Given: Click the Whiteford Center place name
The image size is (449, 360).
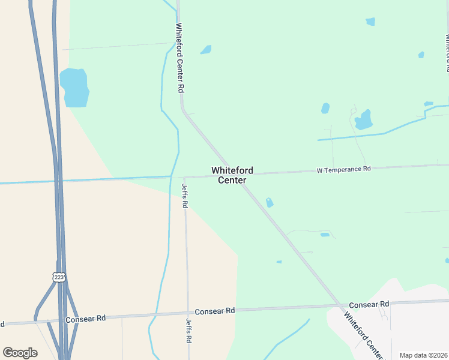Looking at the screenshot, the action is tap(232, 175).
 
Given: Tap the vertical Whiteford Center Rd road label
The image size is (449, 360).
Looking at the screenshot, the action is tap(179, 57).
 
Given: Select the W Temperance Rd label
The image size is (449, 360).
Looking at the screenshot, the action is tap(344, 170).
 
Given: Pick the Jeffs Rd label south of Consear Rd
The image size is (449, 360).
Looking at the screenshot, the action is tap(188, 331).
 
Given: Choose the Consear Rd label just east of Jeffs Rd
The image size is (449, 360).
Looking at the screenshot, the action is tap(214, 311).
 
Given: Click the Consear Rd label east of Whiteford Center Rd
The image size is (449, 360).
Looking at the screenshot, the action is tap(369, 305).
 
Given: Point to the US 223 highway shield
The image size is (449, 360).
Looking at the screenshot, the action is tap(58, 277).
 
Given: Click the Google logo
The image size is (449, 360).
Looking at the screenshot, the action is tap(20, 353).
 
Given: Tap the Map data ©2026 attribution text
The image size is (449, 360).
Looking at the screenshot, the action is tap(423, 355).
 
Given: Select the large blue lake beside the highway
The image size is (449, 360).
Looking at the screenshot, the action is tap(74, 88).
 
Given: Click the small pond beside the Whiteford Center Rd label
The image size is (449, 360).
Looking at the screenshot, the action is tap(206, 50).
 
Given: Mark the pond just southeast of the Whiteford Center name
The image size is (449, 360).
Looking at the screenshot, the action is tap(270, 203).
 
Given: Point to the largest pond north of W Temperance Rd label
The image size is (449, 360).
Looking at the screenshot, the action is tap(363, 120).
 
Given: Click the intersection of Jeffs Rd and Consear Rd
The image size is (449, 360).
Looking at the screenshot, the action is tap(188, 313).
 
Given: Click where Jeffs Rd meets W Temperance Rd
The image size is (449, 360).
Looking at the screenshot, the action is tap(184, 177).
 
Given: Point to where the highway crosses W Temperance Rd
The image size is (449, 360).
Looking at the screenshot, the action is tap(58, 179).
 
